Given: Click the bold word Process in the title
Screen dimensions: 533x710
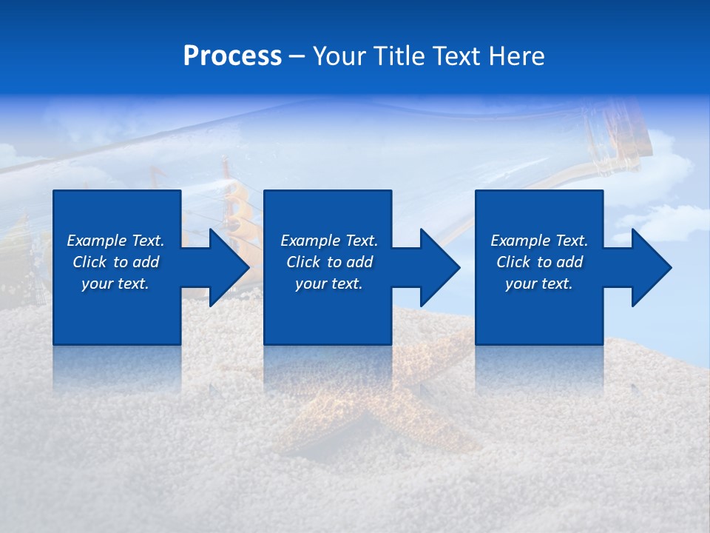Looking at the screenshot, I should point(232,56).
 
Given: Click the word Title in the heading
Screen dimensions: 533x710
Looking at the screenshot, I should point(398,56).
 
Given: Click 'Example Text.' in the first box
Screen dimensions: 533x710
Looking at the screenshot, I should point(115,241).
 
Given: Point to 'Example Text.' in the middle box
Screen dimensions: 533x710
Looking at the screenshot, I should point(329,241).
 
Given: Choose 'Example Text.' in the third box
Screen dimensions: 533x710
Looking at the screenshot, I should point(539,241).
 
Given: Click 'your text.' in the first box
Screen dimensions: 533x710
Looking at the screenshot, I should point(115,284).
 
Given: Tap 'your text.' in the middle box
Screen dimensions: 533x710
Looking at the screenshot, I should point(329,284).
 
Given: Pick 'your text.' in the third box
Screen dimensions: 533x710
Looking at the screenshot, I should point(539,284).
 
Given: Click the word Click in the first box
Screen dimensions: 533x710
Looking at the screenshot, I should point(89,262).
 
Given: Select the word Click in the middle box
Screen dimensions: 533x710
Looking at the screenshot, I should point(303,262).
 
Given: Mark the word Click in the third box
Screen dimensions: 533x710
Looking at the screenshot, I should point(513,262).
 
